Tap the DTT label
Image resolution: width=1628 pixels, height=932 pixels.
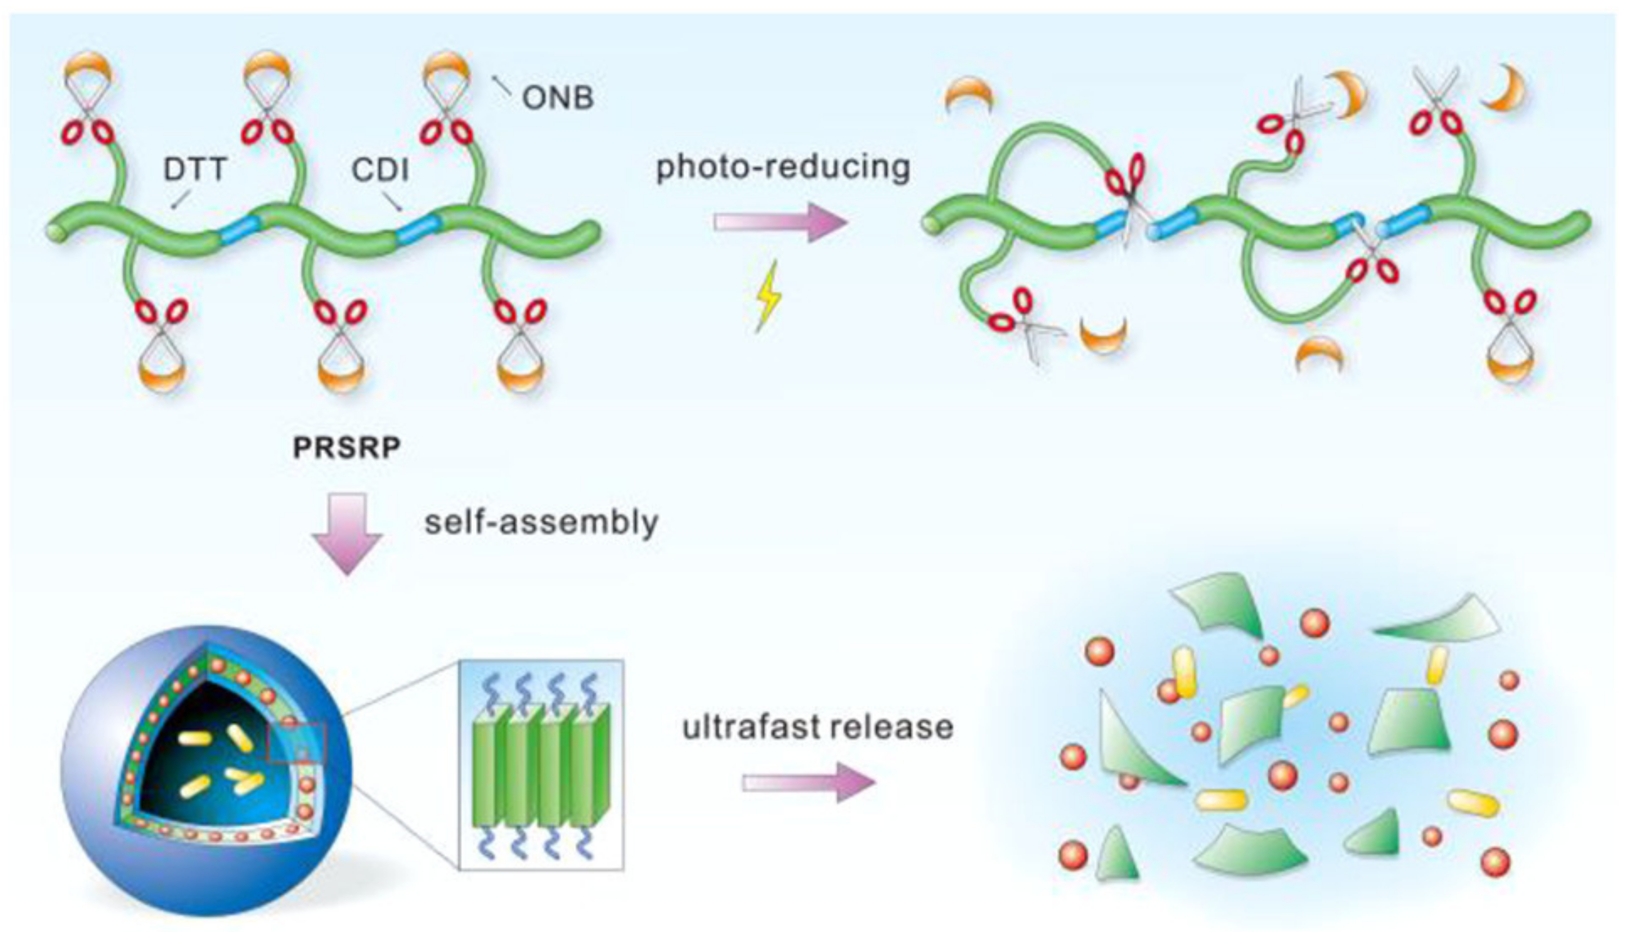point(195,169)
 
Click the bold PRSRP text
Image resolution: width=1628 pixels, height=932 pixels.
point(346,447)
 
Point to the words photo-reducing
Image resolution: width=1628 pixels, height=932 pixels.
point(783,167)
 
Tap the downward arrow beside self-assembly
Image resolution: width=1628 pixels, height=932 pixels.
point(347,533)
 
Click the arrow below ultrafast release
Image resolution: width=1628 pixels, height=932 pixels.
point(808,783)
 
